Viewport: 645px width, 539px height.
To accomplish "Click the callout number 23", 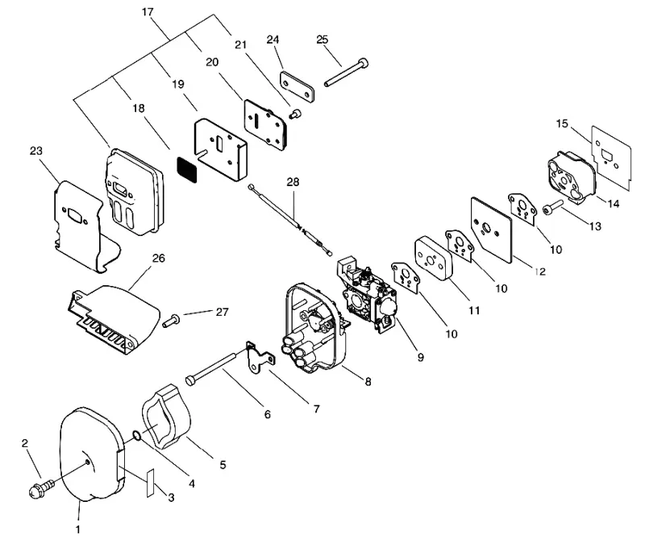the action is coord(36,151).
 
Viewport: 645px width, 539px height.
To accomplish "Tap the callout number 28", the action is coord(293,182).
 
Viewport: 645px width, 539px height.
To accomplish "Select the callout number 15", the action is coord(562,123).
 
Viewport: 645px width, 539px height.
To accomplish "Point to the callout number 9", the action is coord(420,357).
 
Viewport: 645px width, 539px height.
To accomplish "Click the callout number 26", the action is coord(158,258).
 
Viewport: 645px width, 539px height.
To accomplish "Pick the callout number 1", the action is coord(77,529).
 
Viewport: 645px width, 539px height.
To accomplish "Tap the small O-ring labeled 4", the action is coord(138,436).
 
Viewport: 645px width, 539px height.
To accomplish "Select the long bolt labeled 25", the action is coord(347,73).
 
